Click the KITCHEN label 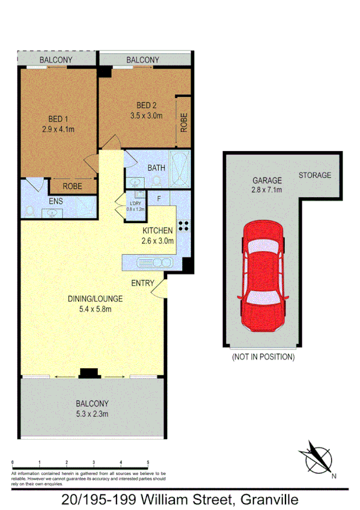[157, 230]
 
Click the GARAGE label [267, 180]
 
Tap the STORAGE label [314, 175]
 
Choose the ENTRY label [143, 283]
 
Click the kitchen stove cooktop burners [183, 226]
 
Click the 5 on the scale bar [148, 462]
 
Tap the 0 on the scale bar [13, 462]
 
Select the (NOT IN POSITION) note [263, 357]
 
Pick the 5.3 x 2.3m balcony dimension [92, 414]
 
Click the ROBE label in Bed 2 [184, 123]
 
